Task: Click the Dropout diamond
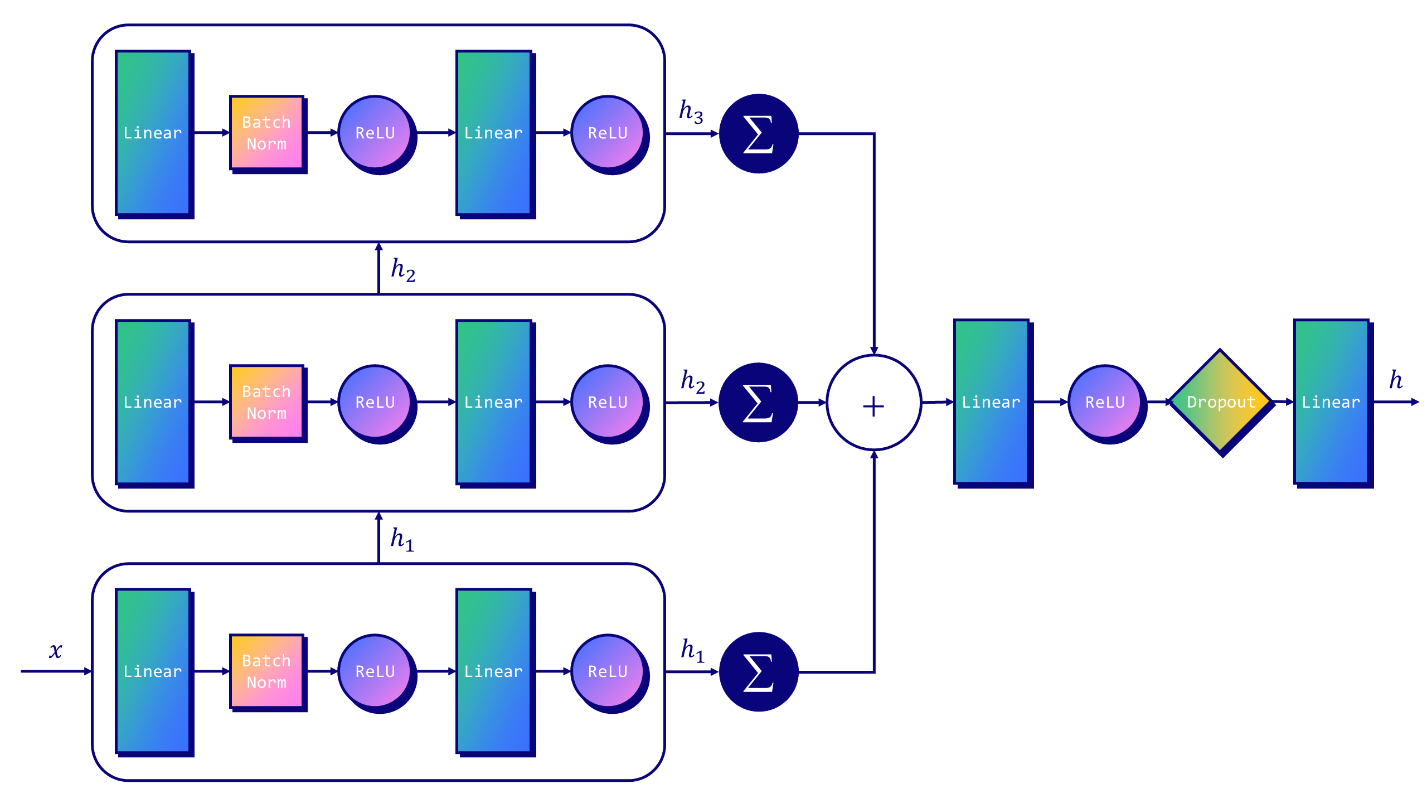tap(1220, 401)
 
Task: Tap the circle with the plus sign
tap(873, 403)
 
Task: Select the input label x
tap(55, 650)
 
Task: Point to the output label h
tap(1396, 380)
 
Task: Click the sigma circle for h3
tap(759, 134)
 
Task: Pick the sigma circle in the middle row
tap(758, 403)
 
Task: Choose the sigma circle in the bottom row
tap(759, 671)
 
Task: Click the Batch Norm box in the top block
tap(267, 133)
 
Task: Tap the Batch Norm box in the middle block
tap(267, 402)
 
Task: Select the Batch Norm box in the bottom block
tap(267, 671)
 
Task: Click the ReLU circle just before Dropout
tap(1105, 402)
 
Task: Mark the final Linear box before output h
tap(1331, 401)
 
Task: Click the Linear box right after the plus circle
tap(991, 401)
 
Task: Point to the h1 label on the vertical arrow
tap(402, 539)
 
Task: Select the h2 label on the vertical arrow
tap(402, 269)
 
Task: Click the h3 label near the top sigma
tap(691, 111)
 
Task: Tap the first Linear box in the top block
tap(153, 133)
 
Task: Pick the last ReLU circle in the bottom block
tap(608, 671)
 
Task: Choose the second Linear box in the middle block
tap(493, 402)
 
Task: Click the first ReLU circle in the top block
tap(375, 133)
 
